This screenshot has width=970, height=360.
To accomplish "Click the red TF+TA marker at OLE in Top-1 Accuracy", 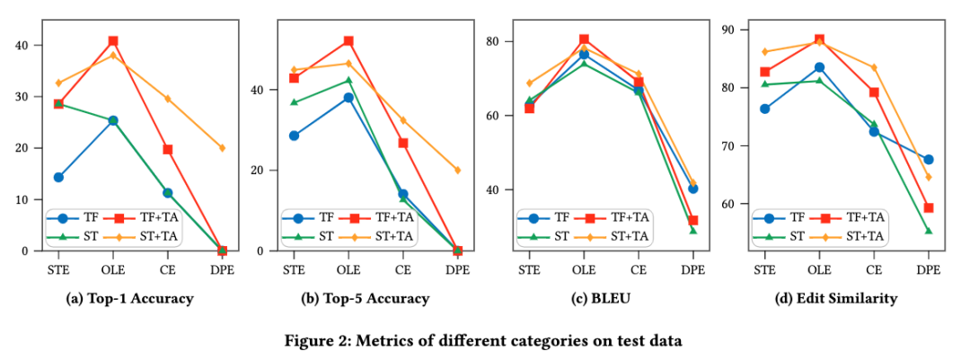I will pyautogui.click(x=113, y=41).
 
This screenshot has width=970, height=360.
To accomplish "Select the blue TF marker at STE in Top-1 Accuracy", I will pyautogui.click(x=58, y=177).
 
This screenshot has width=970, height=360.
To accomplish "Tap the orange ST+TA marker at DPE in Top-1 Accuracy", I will pyautogui.click(x=222, y=148).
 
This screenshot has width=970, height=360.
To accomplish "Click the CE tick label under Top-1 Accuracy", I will pyautogui.click(x=167, y=268).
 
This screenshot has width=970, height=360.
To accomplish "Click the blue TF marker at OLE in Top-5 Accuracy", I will pyautogui.click(x=348, y=98).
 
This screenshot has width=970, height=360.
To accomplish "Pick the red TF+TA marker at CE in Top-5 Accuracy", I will pyautogui.click(x=403, y=143).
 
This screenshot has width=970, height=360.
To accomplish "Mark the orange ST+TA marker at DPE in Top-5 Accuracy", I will pyautogui.click(x=457, y=170).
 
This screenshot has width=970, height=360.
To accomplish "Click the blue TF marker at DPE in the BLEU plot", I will pyautogui.click(x=692, y=189).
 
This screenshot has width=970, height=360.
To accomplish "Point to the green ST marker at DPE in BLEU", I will pyautogui.click(x=692, y=231).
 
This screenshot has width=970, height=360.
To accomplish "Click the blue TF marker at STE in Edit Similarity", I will pyautogui.click(x=764, y=109).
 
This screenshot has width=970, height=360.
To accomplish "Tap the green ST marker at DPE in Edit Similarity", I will pyautogui.click(x=928, y=231).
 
